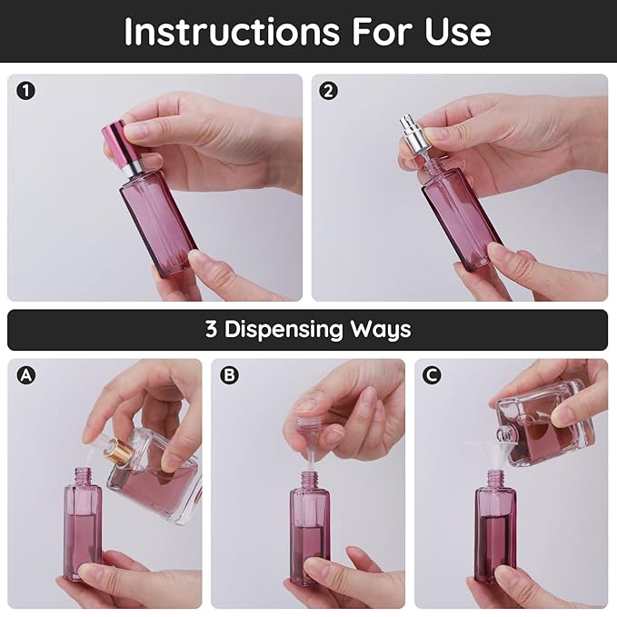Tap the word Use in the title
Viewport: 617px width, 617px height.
455,32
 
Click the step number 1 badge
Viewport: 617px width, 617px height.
26,91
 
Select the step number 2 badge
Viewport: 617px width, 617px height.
329,91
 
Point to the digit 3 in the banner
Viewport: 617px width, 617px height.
211,330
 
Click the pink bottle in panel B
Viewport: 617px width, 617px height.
310,532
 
